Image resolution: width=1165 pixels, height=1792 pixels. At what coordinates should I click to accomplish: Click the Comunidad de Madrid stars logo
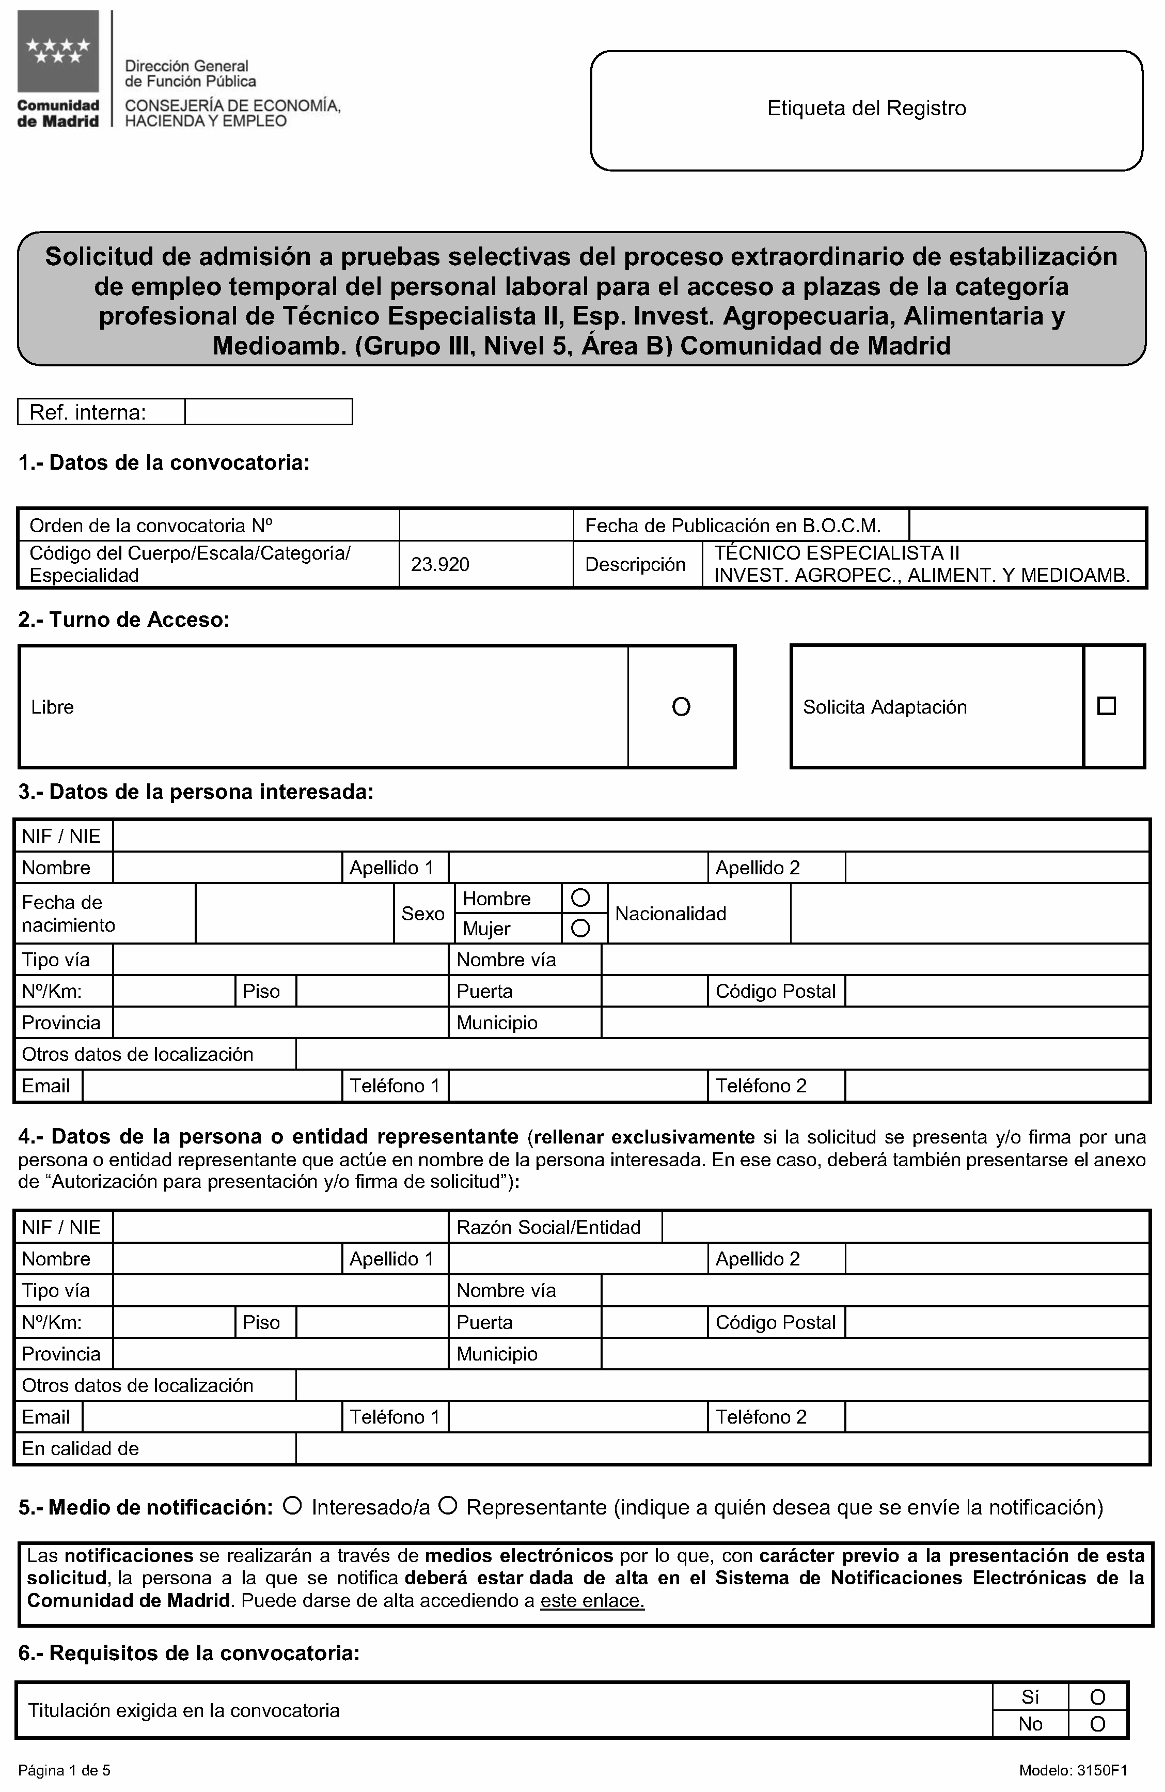click(58, 51)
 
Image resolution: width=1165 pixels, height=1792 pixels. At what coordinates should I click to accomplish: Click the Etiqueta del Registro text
click(866, 109)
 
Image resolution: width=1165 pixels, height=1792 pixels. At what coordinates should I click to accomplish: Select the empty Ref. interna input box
click(269, 412)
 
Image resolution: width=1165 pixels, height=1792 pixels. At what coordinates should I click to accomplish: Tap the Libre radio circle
click(681, 706)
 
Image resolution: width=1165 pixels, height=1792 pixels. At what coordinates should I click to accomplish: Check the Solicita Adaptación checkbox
click(1106, 706)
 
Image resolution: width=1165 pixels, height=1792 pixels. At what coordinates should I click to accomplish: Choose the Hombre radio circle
click(580, 898)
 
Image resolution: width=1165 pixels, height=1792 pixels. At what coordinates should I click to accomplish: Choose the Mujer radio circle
click(580, 929)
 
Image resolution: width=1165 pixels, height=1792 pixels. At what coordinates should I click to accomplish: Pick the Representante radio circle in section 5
click(448, 1506)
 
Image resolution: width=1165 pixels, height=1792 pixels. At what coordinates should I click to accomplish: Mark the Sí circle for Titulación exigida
click(1097, 1697)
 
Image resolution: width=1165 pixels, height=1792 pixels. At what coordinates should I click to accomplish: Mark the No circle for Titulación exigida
click(1097, 1724)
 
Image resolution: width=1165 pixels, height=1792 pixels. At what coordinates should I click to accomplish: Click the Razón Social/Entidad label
click(548, 1227)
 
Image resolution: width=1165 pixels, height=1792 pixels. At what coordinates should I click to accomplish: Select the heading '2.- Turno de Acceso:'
click(124, 620)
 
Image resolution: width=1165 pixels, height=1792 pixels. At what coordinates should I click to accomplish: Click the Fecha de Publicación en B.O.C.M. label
click(733, 526)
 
